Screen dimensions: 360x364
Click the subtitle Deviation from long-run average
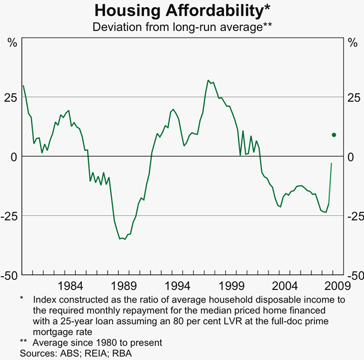click(182, 27)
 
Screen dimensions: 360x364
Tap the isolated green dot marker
click(334, 135)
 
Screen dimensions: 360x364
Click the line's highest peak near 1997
click(208, 80)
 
